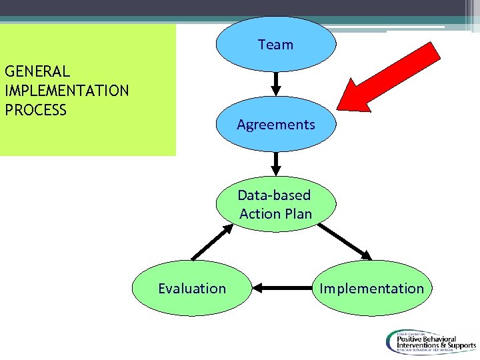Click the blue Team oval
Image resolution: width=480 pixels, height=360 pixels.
[275, 45]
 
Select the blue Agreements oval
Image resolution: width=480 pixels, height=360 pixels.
[276, 125]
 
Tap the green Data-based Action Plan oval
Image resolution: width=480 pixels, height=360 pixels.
[276, 204]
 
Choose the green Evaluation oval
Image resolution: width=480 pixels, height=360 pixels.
[192, 288]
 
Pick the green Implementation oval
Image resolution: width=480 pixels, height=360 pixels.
[371, 288]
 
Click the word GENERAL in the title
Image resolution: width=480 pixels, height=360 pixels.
[37, 71]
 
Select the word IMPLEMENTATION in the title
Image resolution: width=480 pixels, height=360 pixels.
[67, 90]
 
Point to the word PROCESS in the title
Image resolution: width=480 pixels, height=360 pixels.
[36, 109]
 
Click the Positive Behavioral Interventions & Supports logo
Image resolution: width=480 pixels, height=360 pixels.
[429, 341]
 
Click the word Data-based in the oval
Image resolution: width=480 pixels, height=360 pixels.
[274, 195]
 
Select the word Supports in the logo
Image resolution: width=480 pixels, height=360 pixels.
[455, 346]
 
